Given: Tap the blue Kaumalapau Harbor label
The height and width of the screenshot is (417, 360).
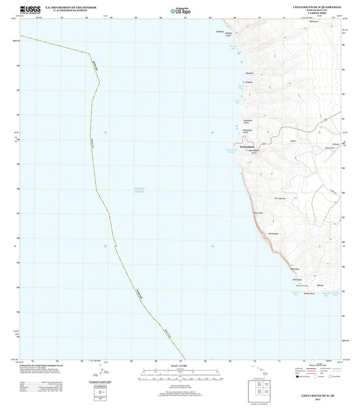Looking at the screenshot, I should [x=234, y=154].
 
